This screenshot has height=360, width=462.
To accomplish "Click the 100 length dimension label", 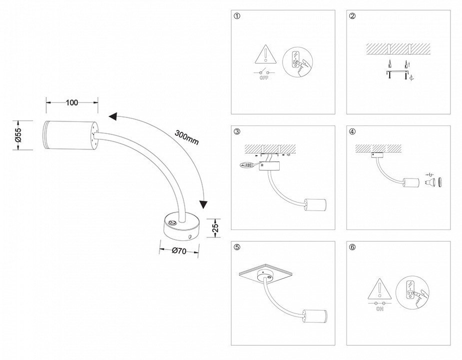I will [72, 102].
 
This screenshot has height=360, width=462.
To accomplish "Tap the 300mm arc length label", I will [187, 137].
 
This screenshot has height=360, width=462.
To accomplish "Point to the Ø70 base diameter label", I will [178, 251].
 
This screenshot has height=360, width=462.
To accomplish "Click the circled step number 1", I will [237, 16].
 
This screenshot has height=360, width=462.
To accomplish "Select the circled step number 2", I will [353, 16].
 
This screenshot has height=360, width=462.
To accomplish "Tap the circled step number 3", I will [237, 132].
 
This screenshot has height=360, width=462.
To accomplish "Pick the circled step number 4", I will [353, 132].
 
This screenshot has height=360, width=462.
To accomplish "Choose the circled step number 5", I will [237, 247].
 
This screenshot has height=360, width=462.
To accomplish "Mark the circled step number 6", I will [353, 247].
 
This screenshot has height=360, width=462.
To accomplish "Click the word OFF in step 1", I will [264, 78].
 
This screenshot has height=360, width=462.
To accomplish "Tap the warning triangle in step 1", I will [267, 54].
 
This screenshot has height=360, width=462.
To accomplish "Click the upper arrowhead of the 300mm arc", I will [113, 116].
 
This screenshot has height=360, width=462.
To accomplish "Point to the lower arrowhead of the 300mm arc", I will [203, 204].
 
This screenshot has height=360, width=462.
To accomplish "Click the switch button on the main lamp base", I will [172, 224].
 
